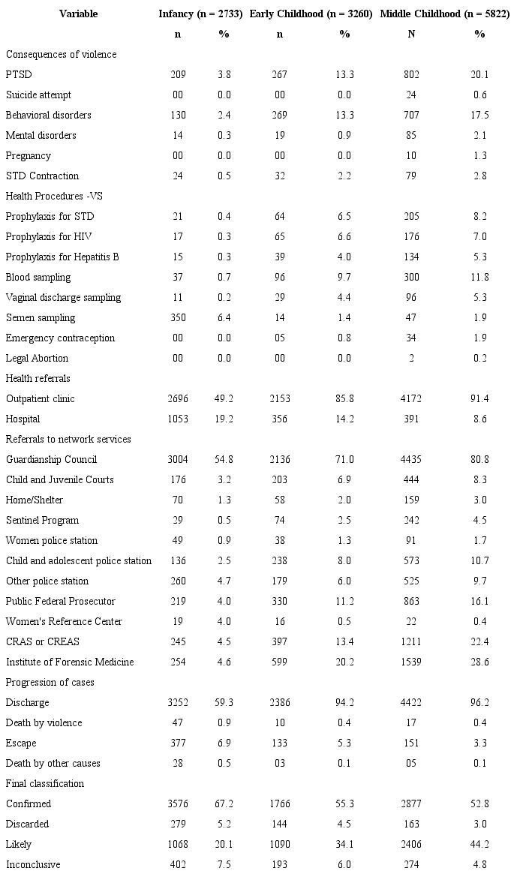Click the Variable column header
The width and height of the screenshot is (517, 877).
(x=78, y=14)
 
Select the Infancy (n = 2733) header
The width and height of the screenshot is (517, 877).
(x=200, y=14)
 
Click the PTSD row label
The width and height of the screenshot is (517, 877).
(x=19, y=75)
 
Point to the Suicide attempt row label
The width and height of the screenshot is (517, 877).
(x=38, y=95)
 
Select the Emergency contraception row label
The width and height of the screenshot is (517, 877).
(x=60, y=338)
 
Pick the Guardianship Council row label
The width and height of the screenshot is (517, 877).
(x=52, y=460)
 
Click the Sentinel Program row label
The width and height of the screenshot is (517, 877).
(x=42, y=521)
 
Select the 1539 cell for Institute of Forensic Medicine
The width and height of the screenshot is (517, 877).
(x=411, y=662)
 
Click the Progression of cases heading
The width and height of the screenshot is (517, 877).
(x=50, y=683)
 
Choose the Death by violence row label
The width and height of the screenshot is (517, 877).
(x=44, y=723)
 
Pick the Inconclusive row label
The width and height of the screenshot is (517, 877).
(x=33, y=865)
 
